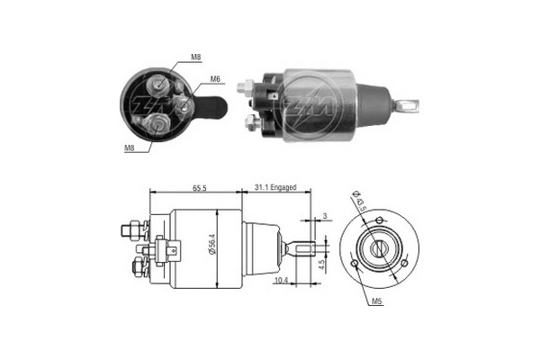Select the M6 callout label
(x=216, y=79)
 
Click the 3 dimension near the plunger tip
(x=323, y=216)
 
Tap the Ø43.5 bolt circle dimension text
(x=357, y=198)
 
